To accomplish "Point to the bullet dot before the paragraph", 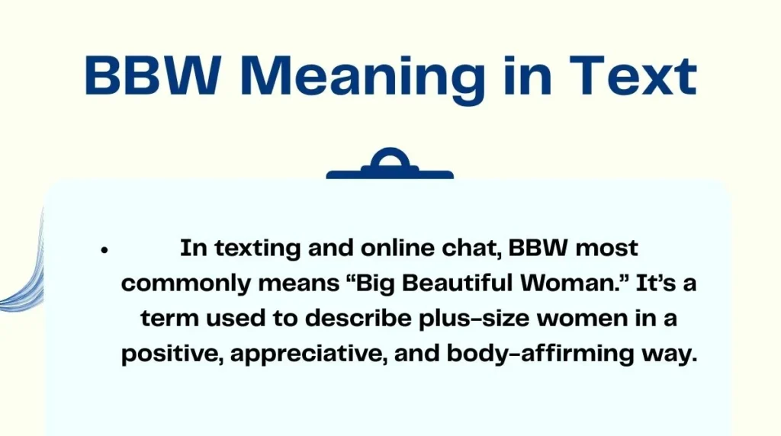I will click(104, 249).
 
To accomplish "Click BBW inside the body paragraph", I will click(519, 248).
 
